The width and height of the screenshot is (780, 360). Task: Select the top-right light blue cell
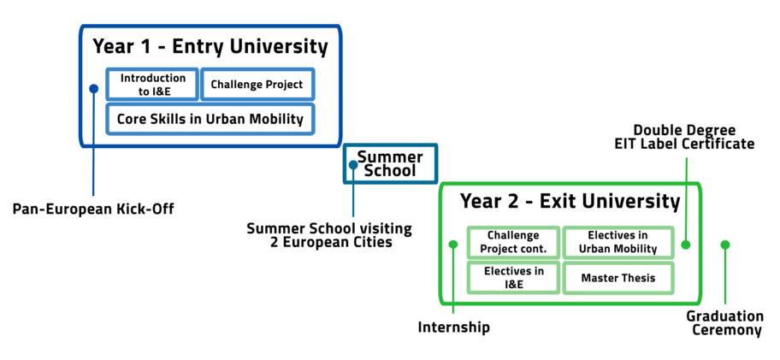(x=258, y=85)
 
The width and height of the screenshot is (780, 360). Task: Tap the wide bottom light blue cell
(x=210, y=119)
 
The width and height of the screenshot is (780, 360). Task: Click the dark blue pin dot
(x=93, y=89)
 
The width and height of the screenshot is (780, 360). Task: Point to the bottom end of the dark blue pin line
(x=93, y=195)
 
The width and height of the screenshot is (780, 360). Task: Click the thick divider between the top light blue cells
(x=200, y=85)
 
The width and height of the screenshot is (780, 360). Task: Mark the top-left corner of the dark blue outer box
(x=81, y=28)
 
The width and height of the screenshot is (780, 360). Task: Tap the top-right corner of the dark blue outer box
(x=340, y=28)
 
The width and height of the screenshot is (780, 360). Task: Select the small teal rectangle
(x=391, y=163)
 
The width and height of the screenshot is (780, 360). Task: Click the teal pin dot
(x=353, y=165)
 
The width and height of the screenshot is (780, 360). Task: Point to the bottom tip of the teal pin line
(x=353, y=215)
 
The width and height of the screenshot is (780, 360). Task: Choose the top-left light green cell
(x=513, y=243)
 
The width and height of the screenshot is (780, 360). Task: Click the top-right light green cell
(x=617, y=243)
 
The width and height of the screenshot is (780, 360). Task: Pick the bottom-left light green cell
(x=513, y=277)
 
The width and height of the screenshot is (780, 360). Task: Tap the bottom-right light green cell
(x=617, y=277)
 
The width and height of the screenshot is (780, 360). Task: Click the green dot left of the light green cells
(x=453, y=245)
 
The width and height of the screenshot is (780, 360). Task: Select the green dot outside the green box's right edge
(x=725, y=245)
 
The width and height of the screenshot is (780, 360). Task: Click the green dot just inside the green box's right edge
(x=686, y=245)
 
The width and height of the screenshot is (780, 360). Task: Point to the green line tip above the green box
(x=687, y=158)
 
